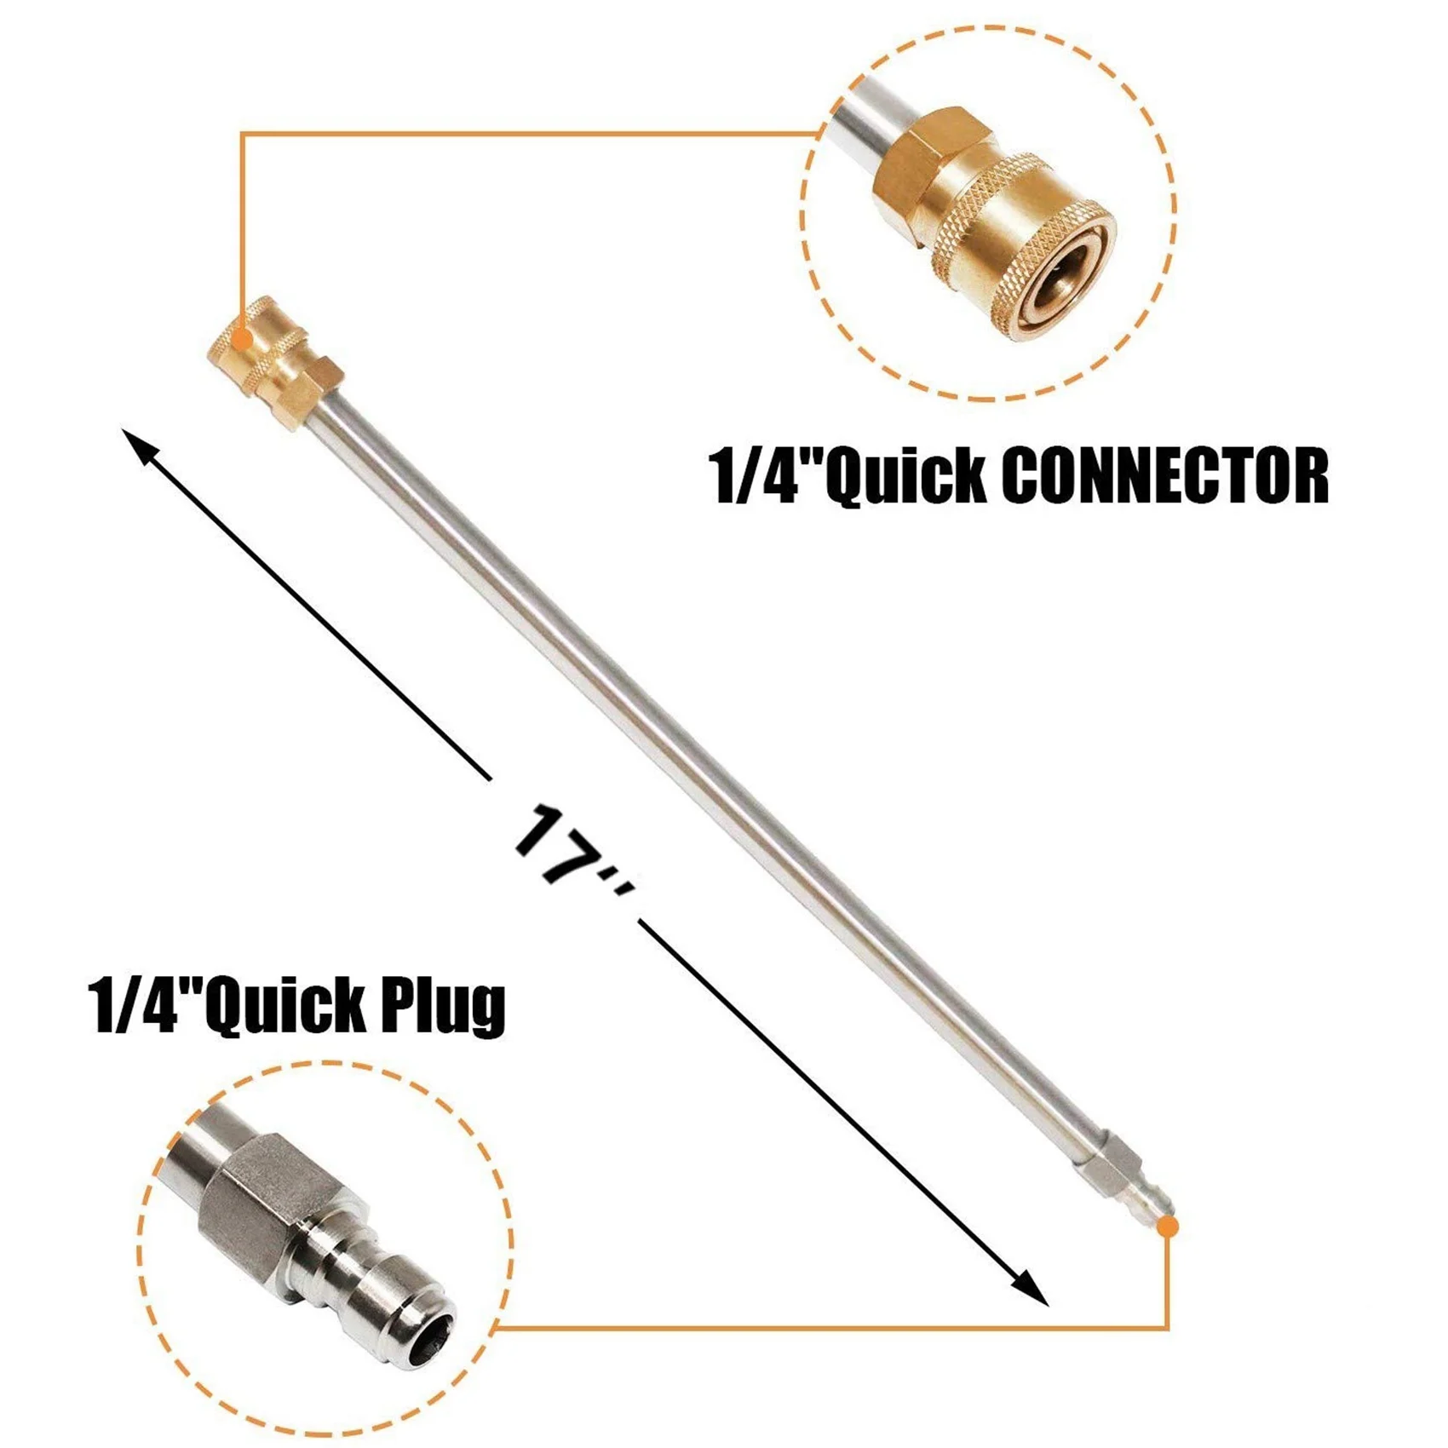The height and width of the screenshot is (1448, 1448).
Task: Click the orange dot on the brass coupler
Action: tap(244, 340)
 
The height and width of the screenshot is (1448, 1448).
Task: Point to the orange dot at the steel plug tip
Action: tap(1169, 1227)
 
